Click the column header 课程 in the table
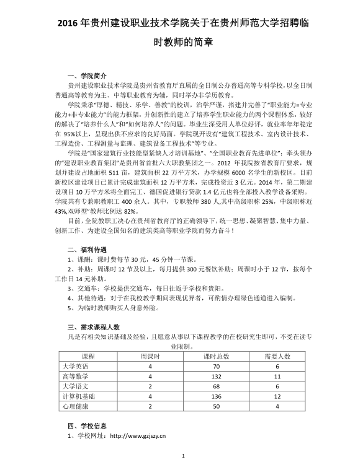click(87, 356)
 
